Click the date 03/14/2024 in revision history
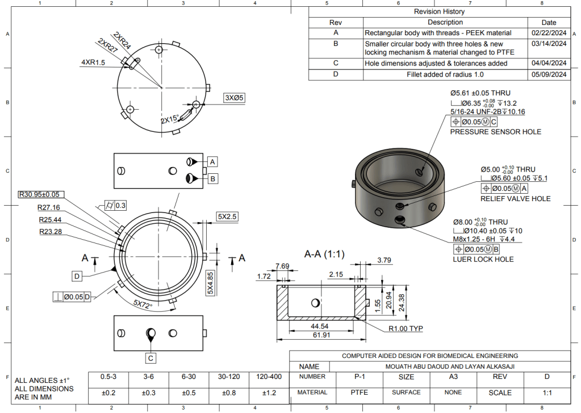click(x=549, y=44)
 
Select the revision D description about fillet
click(x=445, y=74)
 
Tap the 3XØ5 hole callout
click(x=234, y=98)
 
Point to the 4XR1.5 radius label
click(x=93, y=62)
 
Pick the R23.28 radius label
click(x=51, y=232)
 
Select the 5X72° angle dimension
click(x=143, y=304)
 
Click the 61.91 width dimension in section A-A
click(x=321, y=335)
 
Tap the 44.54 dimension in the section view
click(x=319, y=326)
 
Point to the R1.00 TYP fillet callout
click(x=406, y=328)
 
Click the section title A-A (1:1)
click(x=324, y=255)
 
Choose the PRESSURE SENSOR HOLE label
click(x=495, y=132)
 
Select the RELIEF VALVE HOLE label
click(x=516, y=199)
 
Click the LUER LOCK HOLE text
click(x=483, y=260)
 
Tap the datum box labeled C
click(x=151, y=358)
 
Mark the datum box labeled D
click(x=77, y=276)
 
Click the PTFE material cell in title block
click(x=359, y=392)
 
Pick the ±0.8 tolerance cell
click(x=229, y=393)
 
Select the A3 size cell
click(x=453, y=377)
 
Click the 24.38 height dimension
click(x=402, y=303)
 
